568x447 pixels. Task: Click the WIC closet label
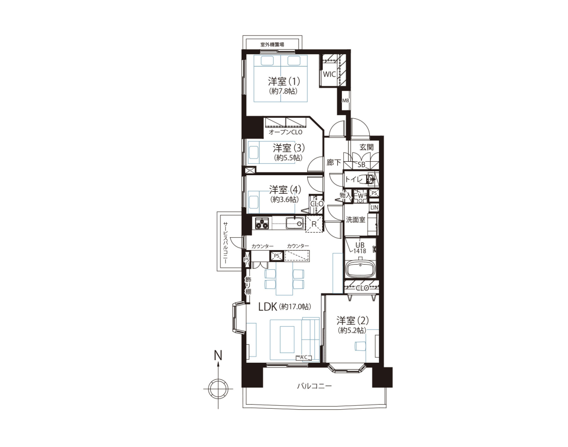[329, 74]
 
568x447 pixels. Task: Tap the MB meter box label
[345, 100]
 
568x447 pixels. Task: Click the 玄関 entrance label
[366, 147]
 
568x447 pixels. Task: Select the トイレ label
[354, 179]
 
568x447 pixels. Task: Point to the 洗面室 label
[355, 220]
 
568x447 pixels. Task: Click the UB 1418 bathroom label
[360, 248]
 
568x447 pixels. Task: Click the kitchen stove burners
[262, 223]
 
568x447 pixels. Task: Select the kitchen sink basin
[294, 223]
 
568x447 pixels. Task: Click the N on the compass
[218, 356]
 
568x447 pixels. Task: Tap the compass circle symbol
[218, 389]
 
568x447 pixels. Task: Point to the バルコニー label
[314, 386]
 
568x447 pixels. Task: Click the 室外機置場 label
[272, 44]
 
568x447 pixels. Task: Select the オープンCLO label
[286, 132]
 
